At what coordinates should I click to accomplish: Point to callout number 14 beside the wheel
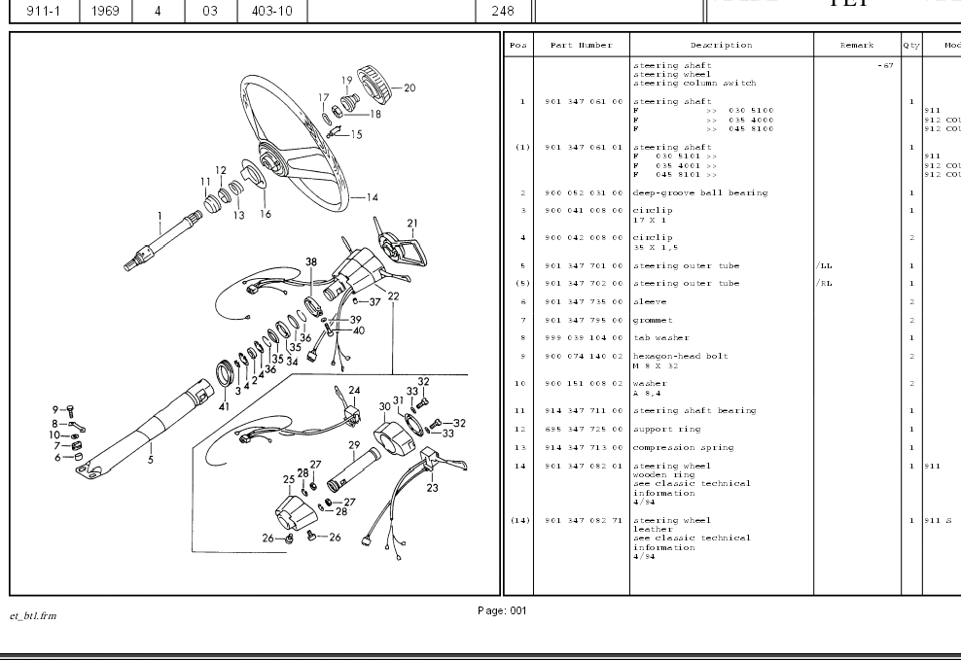tap(372, 197)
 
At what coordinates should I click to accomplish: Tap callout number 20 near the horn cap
tap(409, 88)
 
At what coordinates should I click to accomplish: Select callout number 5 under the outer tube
tap(151, 460)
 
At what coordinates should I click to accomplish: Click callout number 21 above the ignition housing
tap(412, 224)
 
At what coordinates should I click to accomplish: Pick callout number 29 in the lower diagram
tap(354, 444)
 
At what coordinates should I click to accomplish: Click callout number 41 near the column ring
tap(225, 406)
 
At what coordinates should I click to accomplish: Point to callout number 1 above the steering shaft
tap(160, 217)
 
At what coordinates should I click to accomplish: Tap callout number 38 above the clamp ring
tap(311, 262)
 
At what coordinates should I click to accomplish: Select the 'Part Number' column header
tap(581, 45)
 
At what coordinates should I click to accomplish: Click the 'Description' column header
tap(721, 45)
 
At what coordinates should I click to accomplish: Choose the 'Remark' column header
tap(857, 45)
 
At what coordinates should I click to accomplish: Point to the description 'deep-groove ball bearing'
tap(700, 193)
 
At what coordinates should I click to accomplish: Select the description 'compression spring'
tap(684, 448)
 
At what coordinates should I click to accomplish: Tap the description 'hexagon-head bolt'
tap(681, 356)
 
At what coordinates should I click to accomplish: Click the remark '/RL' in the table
tap(824, 284)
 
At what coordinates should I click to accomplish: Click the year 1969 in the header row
tap(107, 12)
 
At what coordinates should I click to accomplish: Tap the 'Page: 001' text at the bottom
tap(502, 610)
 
